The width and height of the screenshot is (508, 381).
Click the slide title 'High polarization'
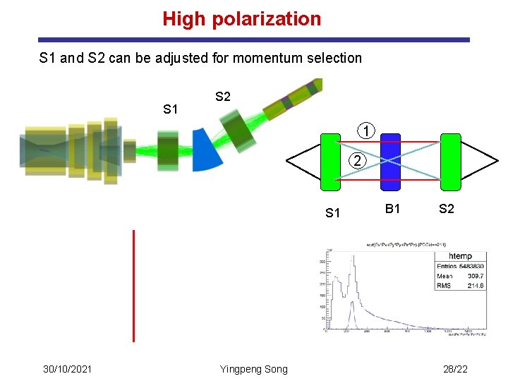pos(241,19)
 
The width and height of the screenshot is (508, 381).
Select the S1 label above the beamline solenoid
pos(170,109)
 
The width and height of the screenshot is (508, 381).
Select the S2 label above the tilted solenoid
pos(222,97)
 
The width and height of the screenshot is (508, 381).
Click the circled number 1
pos(365,131)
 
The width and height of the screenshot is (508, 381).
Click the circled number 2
pos(358,161)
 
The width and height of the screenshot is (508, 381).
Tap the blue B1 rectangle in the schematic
pos(390,162)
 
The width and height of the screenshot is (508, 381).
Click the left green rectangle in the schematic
pos(330,162)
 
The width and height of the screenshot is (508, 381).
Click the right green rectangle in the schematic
pos(450,162)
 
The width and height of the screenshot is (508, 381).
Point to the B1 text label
pos(393,208)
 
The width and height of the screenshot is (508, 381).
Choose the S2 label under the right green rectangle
pos(446,208)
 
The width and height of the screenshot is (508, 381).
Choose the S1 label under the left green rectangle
pos(334,212)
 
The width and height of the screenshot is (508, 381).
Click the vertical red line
pos(133,286)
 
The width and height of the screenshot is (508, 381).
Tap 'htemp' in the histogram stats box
pos(460,256)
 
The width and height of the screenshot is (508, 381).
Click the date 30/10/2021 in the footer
pos(67,369)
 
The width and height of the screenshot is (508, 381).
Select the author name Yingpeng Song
pos(253,369)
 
